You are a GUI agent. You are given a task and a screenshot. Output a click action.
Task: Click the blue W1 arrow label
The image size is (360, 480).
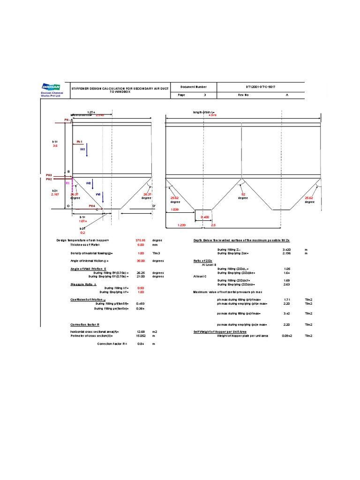(83, 149)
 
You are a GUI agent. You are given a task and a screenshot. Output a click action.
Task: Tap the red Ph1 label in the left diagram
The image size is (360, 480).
(79, 141)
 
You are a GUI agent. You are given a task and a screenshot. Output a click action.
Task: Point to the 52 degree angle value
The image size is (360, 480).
(243, 194)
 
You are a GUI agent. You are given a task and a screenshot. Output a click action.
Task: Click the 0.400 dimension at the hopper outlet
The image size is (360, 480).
(205, 217)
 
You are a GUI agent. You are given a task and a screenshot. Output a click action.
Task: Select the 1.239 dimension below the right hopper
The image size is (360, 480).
(182, 225)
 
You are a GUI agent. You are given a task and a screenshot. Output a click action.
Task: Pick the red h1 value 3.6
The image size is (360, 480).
(54, 146)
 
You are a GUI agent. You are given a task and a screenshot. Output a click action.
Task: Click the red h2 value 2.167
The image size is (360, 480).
(56, 194)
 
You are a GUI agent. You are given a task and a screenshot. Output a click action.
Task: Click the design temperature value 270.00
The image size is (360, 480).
(141, 240)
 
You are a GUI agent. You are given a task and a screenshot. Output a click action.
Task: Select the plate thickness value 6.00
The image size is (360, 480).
(141, 245)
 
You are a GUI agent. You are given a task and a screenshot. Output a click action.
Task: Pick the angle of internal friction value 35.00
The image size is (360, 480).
(141, 261)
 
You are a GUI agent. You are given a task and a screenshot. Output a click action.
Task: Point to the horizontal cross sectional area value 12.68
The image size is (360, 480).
(140, 332)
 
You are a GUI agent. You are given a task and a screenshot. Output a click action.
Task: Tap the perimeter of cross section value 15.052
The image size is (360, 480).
(140, 336)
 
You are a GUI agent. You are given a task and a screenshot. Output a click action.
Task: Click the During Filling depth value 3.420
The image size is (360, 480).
(287, 249)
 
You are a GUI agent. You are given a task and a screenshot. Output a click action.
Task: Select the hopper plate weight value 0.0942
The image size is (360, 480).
(287, 336)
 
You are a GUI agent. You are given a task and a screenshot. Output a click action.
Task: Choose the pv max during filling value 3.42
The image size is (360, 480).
(287, 313)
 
